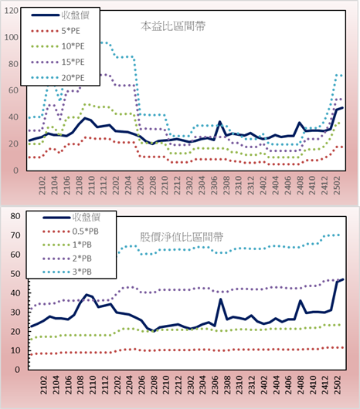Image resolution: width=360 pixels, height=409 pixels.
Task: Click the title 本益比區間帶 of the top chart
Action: click(173, 26)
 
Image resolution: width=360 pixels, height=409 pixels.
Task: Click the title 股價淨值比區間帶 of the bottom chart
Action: click(182, 237)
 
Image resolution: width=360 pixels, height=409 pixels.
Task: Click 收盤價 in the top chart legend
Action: click(76, 15)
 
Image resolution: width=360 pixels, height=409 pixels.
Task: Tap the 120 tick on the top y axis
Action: click(12, 11)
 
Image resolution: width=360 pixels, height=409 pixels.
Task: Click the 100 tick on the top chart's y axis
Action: click(12, 37)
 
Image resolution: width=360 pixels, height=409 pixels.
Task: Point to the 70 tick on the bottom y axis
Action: click(15, 235)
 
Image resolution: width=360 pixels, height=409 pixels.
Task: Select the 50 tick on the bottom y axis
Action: click(15, 274)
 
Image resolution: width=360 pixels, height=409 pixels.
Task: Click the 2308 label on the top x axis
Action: click(226, 185)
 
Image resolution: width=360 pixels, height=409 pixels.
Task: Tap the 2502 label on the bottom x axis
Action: click(338, 385)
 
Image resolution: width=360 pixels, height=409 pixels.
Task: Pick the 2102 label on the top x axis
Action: click(42, 185)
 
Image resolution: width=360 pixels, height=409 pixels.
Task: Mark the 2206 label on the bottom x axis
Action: click(141, 385)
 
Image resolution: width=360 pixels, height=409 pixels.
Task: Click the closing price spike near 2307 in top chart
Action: click(220, 122)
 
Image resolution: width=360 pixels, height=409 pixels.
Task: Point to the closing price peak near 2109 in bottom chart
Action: click(87, 295)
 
